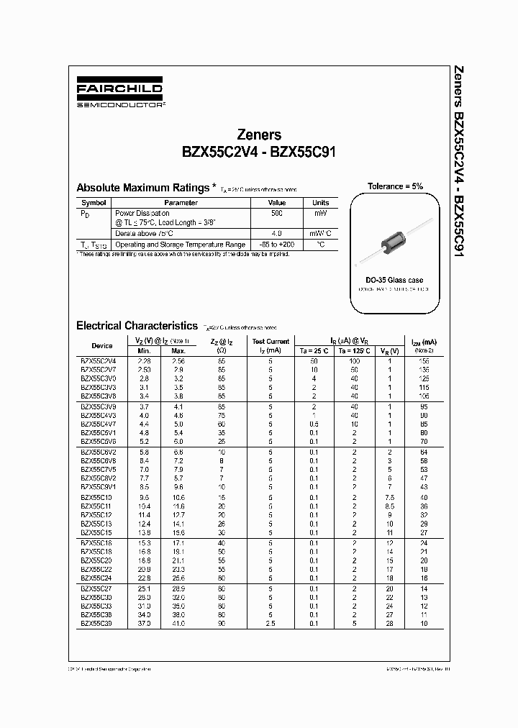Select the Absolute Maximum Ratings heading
[142, 187]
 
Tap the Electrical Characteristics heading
[137, 326]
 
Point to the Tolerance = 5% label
[395, 186]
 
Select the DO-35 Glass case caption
[394, 280]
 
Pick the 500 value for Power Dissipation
[277, 214]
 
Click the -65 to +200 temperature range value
[277, 245]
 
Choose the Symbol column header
[94, 203]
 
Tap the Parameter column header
[180, 203]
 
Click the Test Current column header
[270, 341]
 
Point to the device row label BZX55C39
[96, 624]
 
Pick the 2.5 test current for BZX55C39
[270, 624]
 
